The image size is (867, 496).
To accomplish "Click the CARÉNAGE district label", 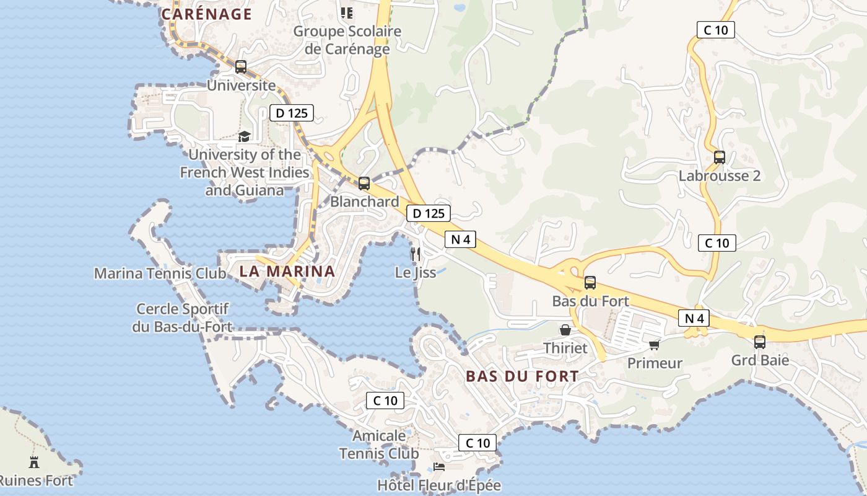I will click(x=206, y=14).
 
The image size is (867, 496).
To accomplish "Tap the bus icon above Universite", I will click(x=241, y=67).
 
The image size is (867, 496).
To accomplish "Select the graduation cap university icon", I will click(x=245, y=136).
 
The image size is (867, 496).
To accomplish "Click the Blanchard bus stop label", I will click(x=364, y=201).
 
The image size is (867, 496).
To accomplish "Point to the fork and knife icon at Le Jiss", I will click(x=416, y=254).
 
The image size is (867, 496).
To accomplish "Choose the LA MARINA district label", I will click(x=287, y=271).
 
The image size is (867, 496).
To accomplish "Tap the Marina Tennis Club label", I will click(x=160, y=273).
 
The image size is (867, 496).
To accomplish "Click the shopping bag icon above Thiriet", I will click(x=565, y=330).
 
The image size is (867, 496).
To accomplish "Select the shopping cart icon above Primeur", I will click(x=654, y=345).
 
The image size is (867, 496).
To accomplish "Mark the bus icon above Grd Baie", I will click(x=760, y=342).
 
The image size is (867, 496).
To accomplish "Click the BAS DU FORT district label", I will click(x=522, y=376).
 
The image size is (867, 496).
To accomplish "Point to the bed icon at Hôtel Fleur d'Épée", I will click(x=439, y=466).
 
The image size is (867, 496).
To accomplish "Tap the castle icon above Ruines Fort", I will click(x=34, y=462).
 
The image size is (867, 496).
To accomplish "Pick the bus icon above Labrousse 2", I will click(x=719, y=157).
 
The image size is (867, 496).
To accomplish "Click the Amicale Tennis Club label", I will click(x=379, y=445).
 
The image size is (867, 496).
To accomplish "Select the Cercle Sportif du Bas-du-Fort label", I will click(x=182, y=317).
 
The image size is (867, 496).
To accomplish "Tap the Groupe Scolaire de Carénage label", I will click(x=347, y=40).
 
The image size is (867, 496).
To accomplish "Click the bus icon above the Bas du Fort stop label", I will click(x=590, y=283).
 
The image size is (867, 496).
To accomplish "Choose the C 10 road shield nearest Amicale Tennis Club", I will click(x=385, y=401).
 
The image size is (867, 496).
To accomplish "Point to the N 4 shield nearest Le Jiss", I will click(x=460, y=239).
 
